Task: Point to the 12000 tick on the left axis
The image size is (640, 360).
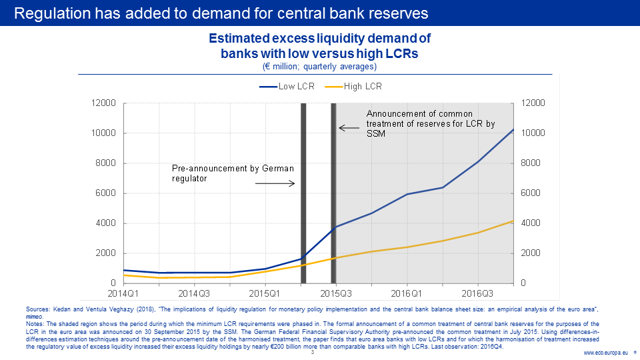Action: point(103,103)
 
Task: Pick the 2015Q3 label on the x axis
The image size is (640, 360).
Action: point(336,293)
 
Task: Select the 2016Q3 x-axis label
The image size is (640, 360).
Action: point(478,293)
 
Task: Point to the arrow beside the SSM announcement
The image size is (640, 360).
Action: point(348,127)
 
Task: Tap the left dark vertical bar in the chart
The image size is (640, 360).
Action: point(303,193)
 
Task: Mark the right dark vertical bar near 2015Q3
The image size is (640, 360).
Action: point(333,193)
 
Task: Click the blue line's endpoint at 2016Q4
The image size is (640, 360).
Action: point(513,129)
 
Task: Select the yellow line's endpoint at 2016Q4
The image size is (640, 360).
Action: point(513,221)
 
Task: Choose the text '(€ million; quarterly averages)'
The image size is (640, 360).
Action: point(319,67)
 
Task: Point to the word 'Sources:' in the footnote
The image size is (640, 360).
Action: point(37,309)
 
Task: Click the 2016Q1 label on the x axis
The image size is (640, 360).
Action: point(407,293)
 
